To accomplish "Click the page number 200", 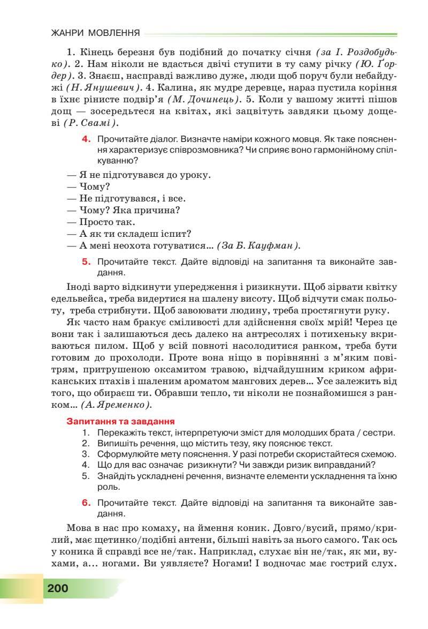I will (57, 588).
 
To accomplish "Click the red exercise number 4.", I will (85, 139).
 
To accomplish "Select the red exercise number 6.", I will (85, 503).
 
